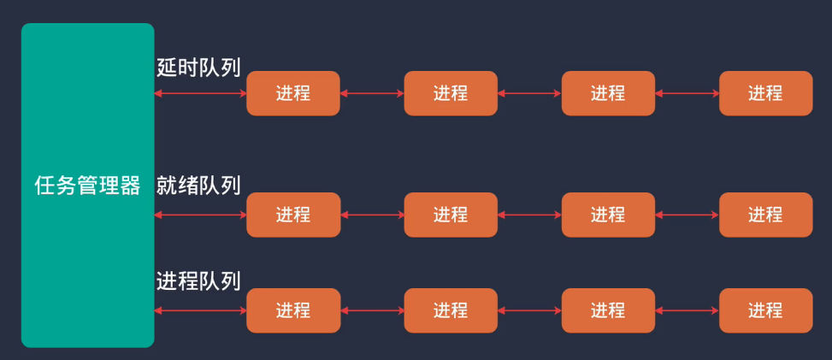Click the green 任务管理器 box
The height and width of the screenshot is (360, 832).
pos(87,186)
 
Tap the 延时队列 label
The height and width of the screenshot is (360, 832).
pos(198,68)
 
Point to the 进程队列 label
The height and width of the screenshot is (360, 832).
pos(198,280)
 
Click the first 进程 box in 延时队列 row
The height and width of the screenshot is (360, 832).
pos(293,93)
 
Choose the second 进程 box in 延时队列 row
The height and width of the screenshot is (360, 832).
pos(451,93)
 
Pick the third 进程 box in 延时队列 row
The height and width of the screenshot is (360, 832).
pos(608,93)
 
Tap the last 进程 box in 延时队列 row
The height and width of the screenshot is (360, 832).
pos(765,93)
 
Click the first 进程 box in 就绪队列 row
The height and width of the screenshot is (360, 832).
pos(293,215)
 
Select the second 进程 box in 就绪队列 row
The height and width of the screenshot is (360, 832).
pos(451,215)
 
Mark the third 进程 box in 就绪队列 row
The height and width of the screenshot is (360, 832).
pos(608,215)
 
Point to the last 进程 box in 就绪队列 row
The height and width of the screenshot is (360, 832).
pos(765,215)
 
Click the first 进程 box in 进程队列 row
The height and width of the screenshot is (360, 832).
pos(293,310)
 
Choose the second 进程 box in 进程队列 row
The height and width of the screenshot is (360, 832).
pos(451,310)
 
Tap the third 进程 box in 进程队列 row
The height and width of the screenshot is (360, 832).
pos(608,310)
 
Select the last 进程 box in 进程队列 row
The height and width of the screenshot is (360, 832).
pos(765,310)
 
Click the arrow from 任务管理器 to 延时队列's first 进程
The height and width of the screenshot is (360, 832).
pos(200,93)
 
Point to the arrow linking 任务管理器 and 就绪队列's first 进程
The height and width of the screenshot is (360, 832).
pos(200,215)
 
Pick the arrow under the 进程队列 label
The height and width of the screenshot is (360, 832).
pos(200,310)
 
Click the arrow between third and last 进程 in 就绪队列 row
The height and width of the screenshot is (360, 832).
pos(687,215)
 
